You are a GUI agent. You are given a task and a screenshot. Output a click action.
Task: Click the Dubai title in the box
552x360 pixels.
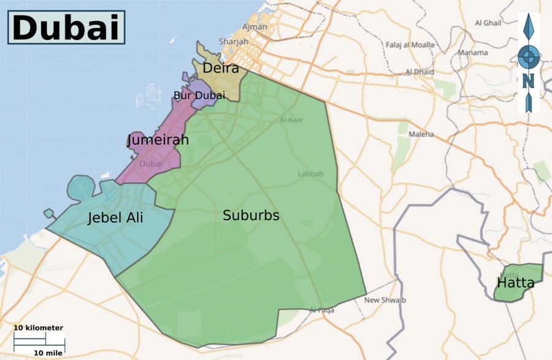click(x=66, y=28)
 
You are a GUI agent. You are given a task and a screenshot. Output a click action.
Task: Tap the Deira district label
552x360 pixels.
click(x=220, y=68)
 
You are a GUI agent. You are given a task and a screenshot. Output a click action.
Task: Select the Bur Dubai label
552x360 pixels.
click(x=199, y=96)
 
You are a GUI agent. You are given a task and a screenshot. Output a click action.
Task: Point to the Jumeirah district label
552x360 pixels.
click(x=158, y=140)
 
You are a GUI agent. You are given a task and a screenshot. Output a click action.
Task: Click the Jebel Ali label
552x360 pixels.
click(x=115, y=217)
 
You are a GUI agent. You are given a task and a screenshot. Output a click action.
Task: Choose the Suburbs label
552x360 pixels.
click(x=251, y=215)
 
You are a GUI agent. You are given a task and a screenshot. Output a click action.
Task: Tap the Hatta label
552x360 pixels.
click(x=515, y=283)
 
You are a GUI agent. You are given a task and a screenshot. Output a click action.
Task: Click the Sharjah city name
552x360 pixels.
click(x=233, y=42)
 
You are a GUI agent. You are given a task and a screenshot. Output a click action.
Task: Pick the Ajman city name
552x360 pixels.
click(x=255, y=27)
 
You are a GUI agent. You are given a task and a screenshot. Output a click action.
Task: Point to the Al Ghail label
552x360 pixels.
click(x=488, y=23)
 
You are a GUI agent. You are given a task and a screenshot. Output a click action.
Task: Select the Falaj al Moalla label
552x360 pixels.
click(x=410, y=45)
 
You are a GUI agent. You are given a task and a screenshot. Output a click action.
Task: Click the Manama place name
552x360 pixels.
click(x=472, y=53)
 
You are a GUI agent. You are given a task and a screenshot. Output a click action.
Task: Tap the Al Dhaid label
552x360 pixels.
click(x=420, y=72)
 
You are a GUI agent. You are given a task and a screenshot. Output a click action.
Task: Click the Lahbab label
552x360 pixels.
click(x=310, y=174)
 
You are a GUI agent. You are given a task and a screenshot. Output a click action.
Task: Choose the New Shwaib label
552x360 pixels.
click(x=385, y=300)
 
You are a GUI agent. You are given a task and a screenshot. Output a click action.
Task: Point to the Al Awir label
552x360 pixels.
click(x=291, y=120)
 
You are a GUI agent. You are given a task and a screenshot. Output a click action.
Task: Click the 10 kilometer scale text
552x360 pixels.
click(x=38, y=328)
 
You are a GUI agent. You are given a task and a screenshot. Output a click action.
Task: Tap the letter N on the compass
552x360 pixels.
click(x=528, y=80)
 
